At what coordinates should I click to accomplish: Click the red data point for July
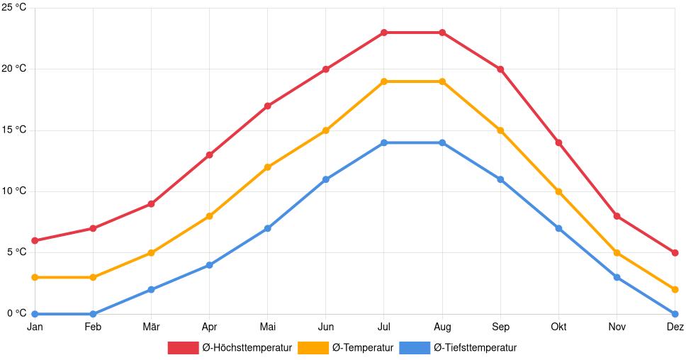pos(384,33)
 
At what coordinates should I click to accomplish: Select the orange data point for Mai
pos(267,167)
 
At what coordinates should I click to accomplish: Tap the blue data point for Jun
pos(326,179)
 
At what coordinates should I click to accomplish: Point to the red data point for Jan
pos(35,240)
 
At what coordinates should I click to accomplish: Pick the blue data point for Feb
pos(93,314)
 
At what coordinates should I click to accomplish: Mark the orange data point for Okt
pos(558,191)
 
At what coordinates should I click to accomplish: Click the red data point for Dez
pos(675,252)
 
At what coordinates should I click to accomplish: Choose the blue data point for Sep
pos(500,179)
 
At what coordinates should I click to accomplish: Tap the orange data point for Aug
pos(442,81)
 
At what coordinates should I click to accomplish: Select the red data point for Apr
pos(209,154)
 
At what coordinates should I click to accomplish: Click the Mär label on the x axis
pos(151,327)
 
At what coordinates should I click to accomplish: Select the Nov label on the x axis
pos(617,327)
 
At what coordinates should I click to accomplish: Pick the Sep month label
pos(500,327)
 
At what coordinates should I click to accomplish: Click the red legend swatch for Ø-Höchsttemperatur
pos(183,347)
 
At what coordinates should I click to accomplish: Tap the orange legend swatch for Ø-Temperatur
pos(313,347)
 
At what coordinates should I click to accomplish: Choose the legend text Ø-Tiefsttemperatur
pos(475,347)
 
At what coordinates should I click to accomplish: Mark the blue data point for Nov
pos(617,277)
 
